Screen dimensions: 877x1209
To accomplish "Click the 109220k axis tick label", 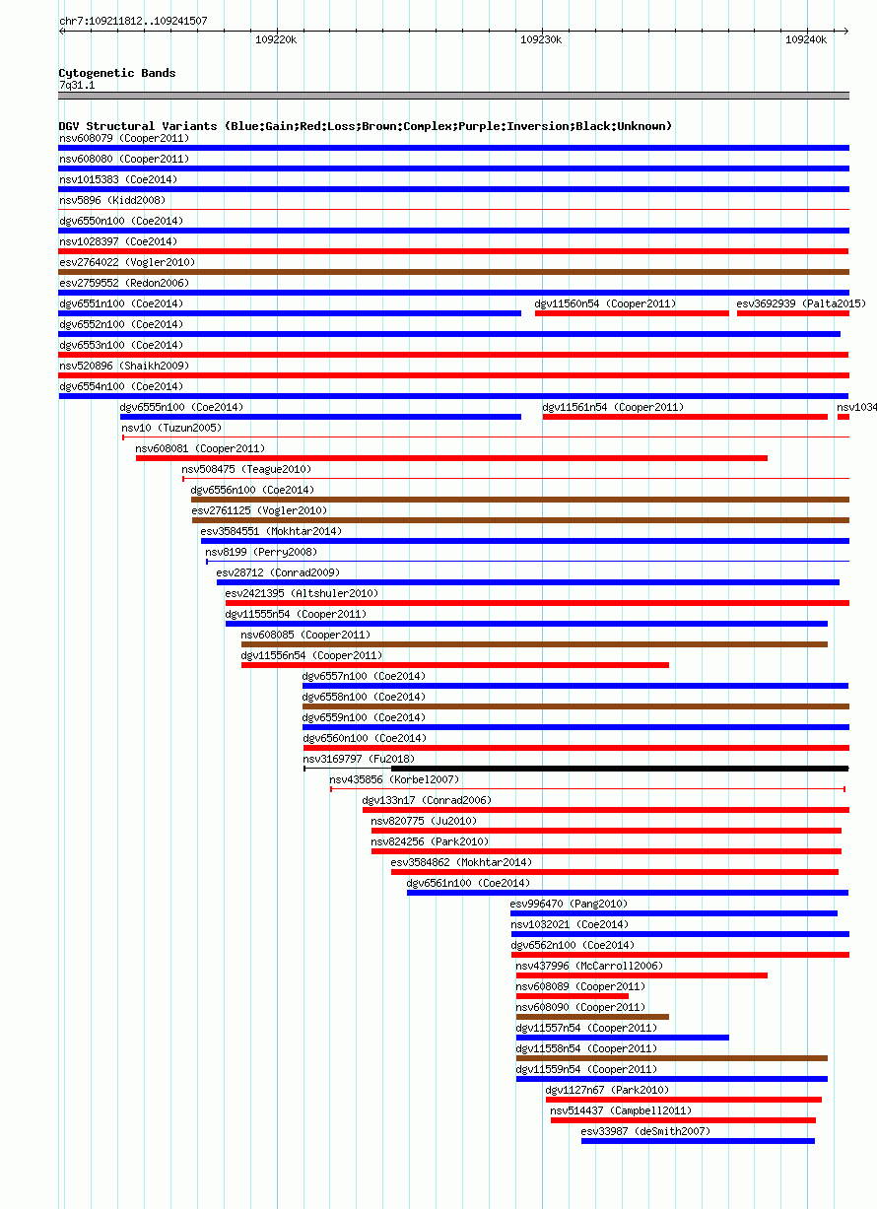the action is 276,40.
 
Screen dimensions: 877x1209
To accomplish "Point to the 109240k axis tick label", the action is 806,40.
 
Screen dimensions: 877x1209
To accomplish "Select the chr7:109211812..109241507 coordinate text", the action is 133,21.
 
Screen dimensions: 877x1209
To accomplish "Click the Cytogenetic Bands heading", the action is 117,73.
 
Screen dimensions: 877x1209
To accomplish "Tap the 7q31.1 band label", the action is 77,86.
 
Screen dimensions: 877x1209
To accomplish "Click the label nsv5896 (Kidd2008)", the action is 112,200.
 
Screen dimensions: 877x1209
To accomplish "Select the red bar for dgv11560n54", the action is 632,313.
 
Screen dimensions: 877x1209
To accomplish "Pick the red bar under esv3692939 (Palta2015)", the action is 793,313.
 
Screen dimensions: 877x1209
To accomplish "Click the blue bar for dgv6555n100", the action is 320,417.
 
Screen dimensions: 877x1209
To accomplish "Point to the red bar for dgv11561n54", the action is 685,417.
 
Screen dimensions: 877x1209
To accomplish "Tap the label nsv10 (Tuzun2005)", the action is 171,428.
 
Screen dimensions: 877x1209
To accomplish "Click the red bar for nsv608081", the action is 451,459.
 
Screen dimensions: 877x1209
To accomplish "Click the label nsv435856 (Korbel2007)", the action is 394,780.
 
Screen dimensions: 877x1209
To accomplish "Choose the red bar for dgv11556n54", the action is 455,665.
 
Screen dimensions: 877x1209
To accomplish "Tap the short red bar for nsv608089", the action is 573,997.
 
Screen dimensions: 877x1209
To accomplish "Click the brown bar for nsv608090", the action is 592,1018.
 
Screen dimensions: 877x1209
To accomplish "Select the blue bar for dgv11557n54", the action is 622,1038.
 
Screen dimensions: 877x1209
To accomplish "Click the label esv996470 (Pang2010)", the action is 569,905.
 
